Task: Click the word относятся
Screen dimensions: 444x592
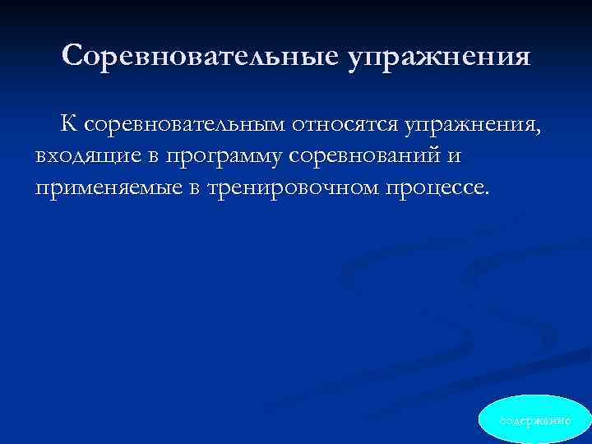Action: coord(341,125)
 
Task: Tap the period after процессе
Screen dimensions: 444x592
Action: coord(487,194)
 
